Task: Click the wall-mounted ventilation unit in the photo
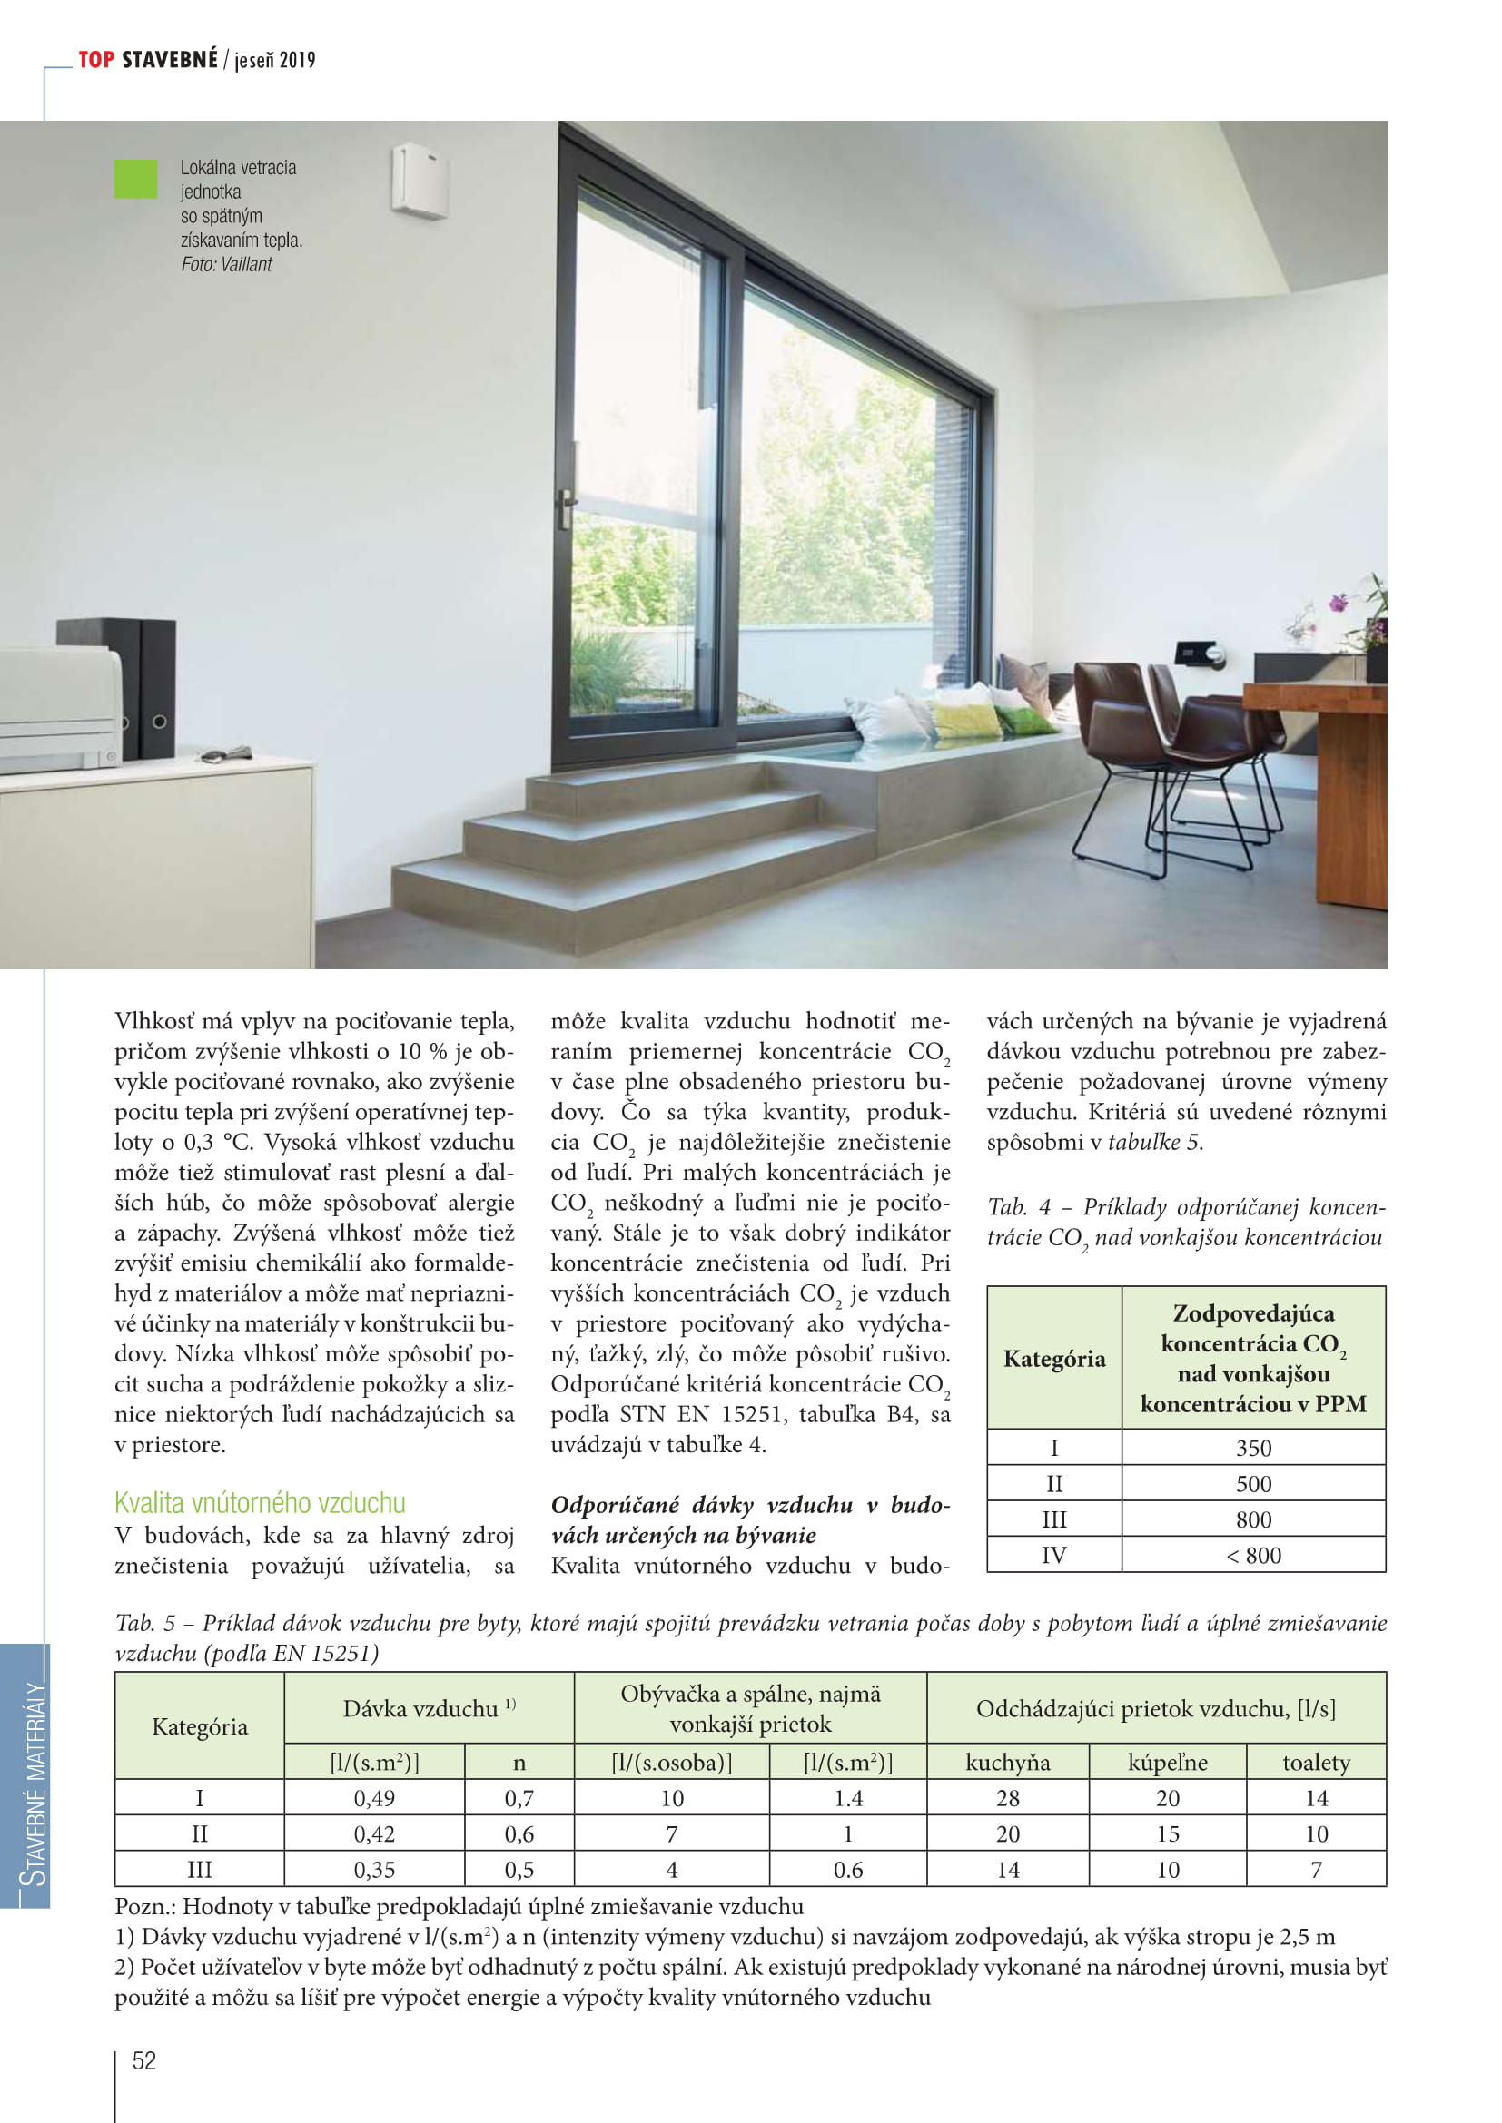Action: (x=420, y=182)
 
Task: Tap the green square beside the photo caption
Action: (x=135, y=180)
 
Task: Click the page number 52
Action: (x=144, y=2060)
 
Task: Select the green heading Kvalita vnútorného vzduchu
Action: (x=260, y=1502)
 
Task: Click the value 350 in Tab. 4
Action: (x=1253, y=1448)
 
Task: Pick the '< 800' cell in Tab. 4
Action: (x=1253, y=1556)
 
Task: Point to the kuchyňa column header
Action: (x=1007, y=1763)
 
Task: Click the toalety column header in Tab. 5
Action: (x=1315, y=1763)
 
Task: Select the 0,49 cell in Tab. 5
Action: (x=373, y=1798)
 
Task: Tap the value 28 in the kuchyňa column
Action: (x=1007, y=1798)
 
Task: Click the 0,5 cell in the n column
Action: (x=519, y=1870)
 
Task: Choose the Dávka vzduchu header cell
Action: (x=429, y=1709)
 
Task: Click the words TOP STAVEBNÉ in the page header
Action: (x=148, y=60)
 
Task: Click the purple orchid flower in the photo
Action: (x=1338, y=604)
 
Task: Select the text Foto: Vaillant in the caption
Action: (x=227, y=264)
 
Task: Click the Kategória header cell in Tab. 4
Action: (x=1054, y=1359)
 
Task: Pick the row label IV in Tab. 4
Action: (x=1054, y=1556)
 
